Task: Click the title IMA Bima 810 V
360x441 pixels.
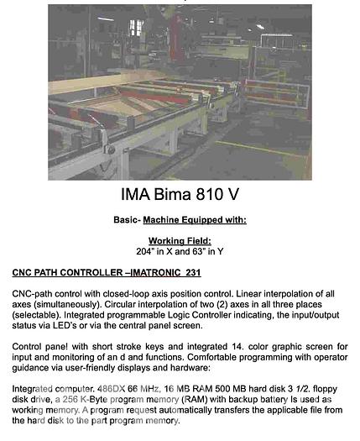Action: pyautogui.click(x=180, y=197)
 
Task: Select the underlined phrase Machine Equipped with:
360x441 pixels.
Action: pyautogui.click(x=194, y=219)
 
